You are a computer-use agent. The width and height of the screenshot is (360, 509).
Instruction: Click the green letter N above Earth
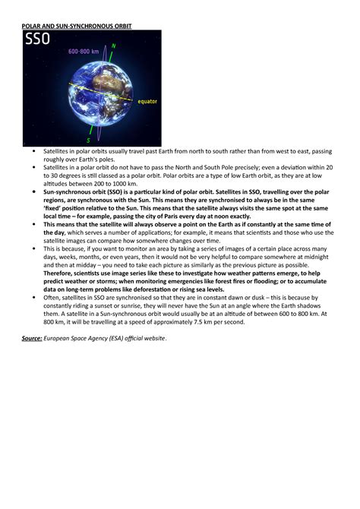[113, 46]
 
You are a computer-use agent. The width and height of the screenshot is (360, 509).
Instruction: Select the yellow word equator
[146, 100]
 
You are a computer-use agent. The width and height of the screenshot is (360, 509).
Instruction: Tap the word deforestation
[177, 289]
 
